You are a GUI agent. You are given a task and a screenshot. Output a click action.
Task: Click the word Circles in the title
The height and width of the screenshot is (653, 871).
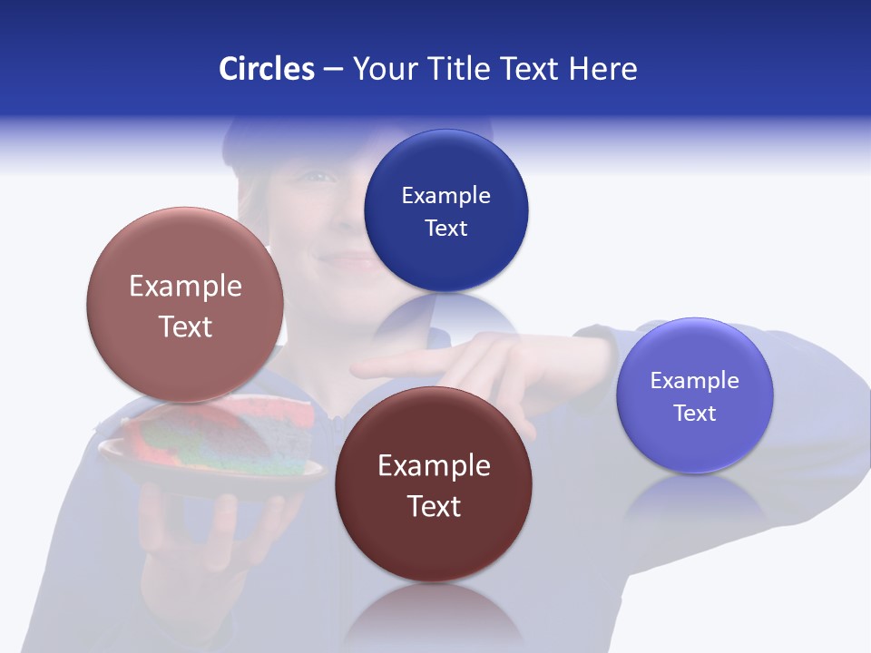point(267,69)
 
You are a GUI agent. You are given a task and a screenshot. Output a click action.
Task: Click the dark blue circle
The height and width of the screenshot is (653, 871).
point(445,210)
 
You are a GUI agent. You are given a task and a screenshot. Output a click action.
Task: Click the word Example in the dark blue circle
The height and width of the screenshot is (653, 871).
point(445,195)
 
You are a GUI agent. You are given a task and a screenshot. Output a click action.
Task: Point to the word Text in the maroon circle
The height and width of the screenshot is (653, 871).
point(434,506)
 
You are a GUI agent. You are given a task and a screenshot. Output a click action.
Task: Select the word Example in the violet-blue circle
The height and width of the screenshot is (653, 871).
point(694,381)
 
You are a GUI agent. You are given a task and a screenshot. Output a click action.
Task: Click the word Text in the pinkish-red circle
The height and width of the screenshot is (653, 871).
point(185,326)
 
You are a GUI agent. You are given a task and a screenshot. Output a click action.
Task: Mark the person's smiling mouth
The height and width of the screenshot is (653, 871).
point(345,259)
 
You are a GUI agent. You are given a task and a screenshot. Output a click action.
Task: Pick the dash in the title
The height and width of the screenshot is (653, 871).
point(333,69)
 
